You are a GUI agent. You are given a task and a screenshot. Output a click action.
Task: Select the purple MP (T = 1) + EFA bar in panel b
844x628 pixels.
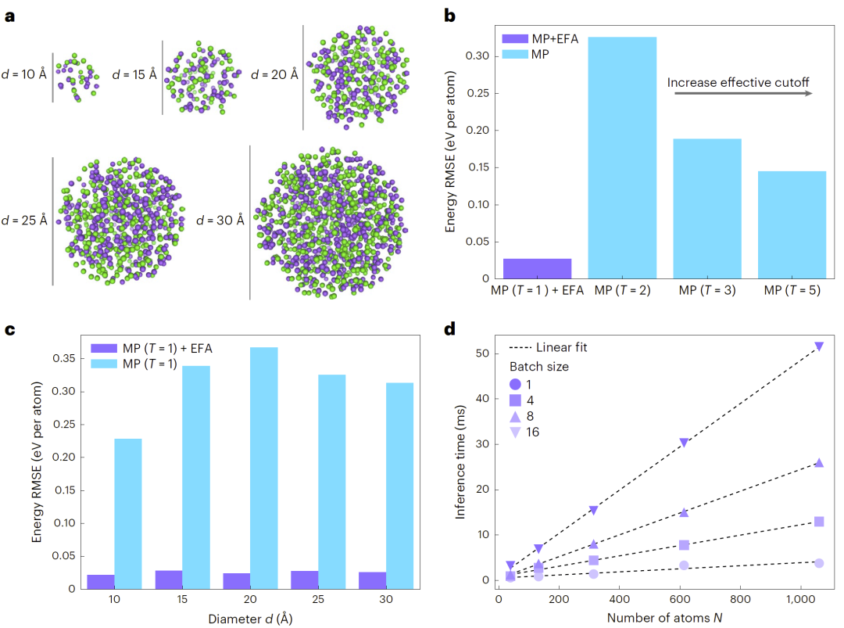[537, 268]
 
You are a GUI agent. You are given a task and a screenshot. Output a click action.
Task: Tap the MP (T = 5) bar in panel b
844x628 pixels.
[792, 224]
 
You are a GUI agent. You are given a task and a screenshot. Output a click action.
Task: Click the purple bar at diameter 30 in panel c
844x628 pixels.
[373, 580]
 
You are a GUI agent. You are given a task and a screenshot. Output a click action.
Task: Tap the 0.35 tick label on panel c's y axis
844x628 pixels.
[66, 358]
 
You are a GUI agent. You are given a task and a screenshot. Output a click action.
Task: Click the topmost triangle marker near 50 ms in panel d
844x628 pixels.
[819, 346]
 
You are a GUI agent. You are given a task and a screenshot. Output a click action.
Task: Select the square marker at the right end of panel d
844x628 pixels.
[819, 522]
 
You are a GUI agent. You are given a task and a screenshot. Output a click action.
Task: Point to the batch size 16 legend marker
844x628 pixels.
[516, 432]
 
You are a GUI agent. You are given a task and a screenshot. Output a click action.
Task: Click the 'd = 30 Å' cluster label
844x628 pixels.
[220, 220]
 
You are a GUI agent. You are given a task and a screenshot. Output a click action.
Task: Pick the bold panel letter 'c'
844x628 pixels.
[10, 328]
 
